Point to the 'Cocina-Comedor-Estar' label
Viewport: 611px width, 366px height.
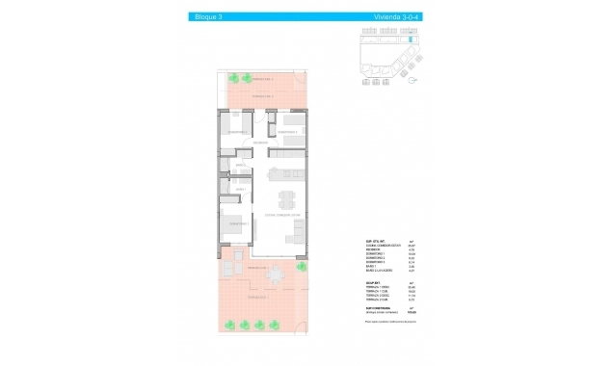(283, 214)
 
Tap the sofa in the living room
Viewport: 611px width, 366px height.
(300, 234)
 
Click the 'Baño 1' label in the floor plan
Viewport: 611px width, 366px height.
(234, 165)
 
